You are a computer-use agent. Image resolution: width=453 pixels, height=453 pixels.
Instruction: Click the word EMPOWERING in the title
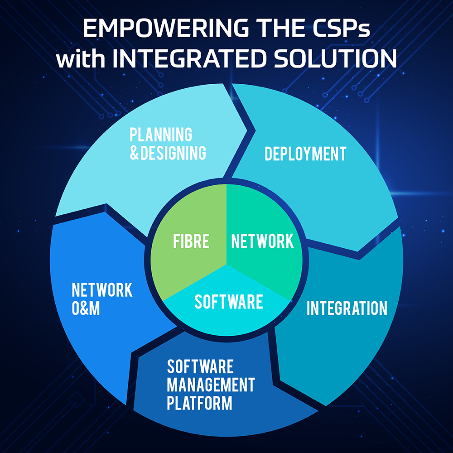point(165,28)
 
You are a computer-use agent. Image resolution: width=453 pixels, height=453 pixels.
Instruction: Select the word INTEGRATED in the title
point(189,58)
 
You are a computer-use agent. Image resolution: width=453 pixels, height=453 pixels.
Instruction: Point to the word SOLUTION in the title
point(335,58)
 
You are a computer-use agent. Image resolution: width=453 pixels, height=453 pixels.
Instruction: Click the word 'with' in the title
point(81,58)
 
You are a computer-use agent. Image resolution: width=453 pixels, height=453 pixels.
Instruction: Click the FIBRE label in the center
point(191,241)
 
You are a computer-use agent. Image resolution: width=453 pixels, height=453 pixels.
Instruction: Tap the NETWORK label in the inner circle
point(262,241)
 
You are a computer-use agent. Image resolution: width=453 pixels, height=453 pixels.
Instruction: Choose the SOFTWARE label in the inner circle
point(229,302)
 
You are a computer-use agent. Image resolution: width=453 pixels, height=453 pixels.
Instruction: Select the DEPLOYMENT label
point(305,154)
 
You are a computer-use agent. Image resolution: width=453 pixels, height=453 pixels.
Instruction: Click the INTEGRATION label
point(347,308)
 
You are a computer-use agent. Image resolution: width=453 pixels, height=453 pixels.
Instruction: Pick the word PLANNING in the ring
point(161,135)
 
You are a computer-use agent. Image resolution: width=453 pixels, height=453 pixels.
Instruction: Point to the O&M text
point(86,308)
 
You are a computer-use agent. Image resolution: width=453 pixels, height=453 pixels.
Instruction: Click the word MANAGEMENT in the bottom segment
point(211,385)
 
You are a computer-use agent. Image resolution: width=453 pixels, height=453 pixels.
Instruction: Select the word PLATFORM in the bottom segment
point(200,403)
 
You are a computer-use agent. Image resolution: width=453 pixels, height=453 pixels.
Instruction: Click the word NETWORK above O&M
point(102,290)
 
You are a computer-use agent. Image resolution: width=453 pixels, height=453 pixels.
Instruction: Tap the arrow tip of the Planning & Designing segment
point(247,130)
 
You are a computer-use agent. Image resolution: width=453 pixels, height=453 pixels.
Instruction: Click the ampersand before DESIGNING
point(135,153)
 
